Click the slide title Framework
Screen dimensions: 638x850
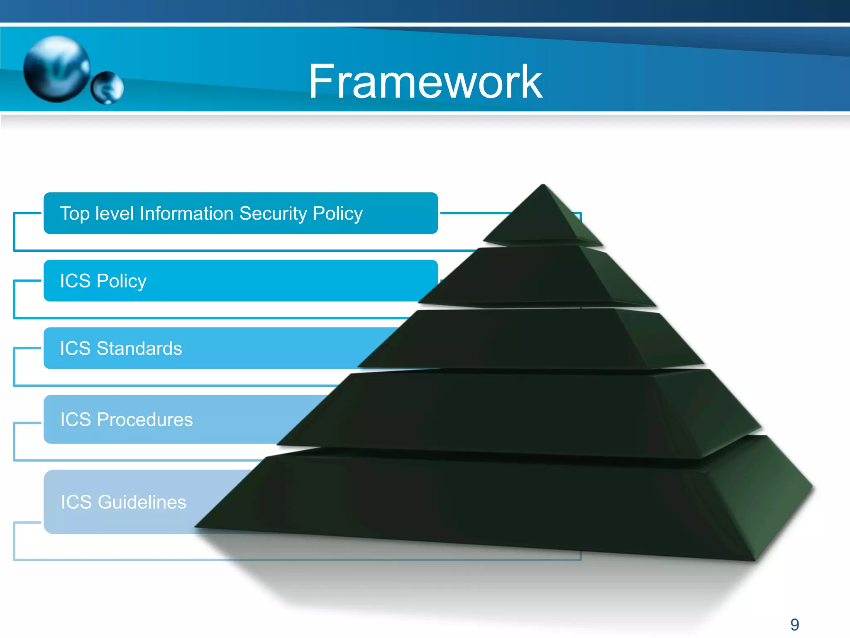(425, 82)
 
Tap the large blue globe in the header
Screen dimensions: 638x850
(56, 69)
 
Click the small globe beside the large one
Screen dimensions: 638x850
(107, 88)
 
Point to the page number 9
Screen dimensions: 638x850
(794, 625)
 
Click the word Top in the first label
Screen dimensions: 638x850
(75, 213)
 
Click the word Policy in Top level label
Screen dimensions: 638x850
(337, 213)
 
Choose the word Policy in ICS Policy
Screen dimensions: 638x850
(121, 281)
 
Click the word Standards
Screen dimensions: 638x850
(139, 348)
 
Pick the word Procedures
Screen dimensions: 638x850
(144, 420)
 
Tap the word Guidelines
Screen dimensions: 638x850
(142, 502)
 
